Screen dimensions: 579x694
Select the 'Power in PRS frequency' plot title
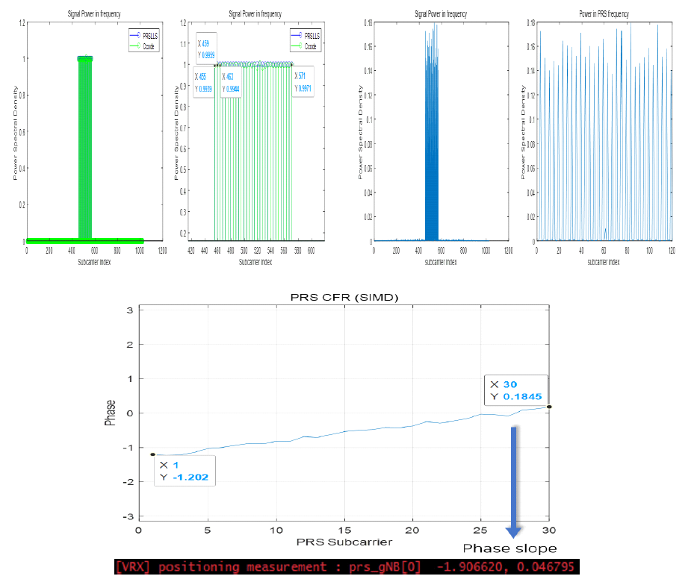[x=605, y=14]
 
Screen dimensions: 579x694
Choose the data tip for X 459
[x=206, y=44]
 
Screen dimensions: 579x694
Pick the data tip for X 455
[x=202, y=83]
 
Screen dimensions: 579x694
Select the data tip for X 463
[x=234, y=83]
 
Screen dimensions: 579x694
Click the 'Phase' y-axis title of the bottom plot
[x=111, y=412]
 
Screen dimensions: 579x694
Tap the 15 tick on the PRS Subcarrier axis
[x=344, y=529]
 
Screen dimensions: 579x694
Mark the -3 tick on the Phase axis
[x=129, y=516]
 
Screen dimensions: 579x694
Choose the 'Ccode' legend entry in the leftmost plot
[x=136, y=46]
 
